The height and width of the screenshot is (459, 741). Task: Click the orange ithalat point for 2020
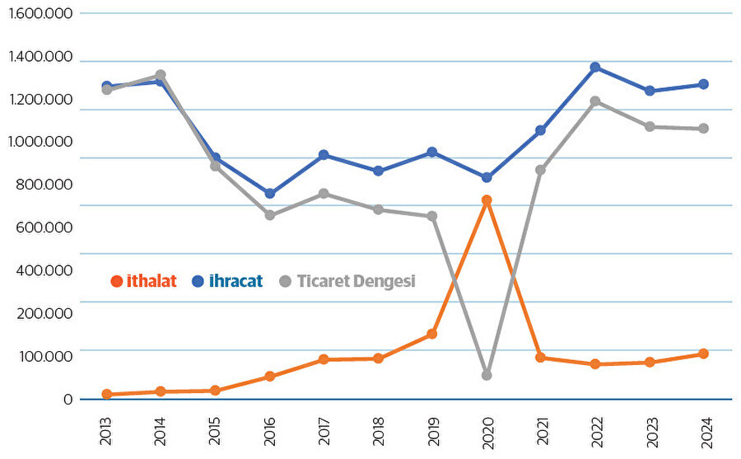point(487,200)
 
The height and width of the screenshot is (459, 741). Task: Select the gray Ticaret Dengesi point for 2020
point(487,375)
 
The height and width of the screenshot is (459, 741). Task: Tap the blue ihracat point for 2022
point(595,68)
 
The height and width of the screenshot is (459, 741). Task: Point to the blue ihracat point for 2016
point(270,194)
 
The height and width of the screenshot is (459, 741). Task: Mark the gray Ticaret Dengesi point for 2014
point(161,75)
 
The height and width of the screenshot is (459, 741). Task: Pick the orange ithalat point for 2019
point(432,334)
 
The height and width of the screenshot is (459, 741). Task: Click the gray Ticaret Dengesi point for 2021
point(541,170)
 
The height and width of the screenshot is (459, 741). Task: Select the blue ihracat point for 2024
point(703,84)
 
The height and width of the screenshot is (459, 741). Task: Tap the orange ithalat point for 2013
point(107,394)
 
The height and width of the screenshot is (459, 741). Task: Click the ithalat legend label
point(151,281)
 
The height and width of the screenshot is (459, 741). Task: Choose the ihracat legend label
point(235,281)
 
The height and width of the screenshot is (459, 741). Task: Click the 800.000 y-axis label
point(44,185)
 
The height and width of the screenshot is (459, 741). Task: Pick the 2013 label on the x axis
point(107,430)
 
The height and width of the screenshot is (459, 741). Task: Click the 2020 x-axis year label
point(487,430)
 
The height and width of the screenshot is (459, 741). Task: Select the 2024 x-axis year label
point(704,430)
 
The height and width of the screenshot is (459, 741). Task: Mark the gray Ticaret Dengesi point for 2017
point(324,194)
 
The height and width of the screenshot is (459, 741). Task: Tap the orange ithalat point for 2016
point(270,377)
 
